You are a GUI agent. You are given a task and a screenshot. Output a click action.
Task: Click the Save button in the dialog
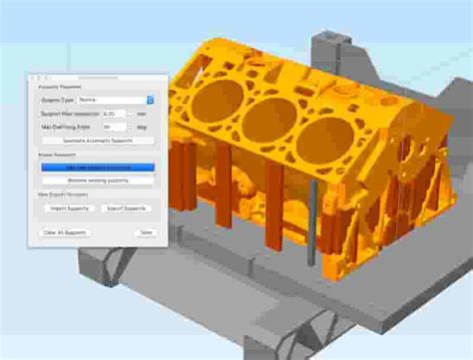(146, 231)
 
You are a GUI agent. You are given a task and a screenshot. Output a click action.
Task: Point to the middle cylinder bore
(269, 120)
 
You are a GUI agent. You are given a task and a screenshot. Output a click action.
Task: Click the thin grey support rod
(312, 224)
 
